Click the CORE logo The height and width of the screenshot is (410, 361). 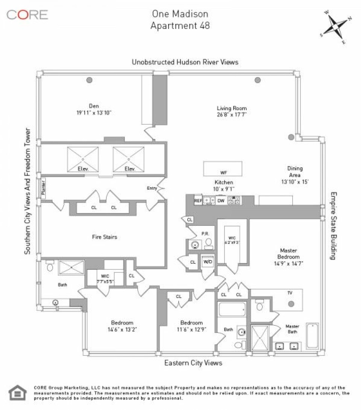pyautogui.click(x=27, y=15)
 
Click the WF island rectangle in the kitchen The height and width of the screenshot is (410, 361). pyautogui.click(x=223, y=169)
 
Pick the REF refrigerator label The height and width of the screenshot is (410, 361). pyautogui.click(x=198, y=201)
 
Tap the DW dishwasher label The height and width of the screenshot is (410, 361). pyautogui.click(x=221, y=201)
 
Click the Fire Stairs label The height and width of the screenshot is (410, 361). pyautogui.click(x=105, y=237)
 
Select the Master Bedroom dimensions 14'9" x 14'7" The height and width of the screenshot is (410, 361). pyautogui.click(x=289, y=263)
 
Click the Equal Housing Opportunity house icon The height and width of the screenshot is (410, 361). pyautogui.click(x=16, y=392)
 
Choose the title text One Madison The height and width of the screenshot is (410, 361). pyautogui.click(x=180, y=14)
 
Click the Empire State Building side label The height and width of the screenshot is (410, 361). pyautogui.click(x=333, y=226)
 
